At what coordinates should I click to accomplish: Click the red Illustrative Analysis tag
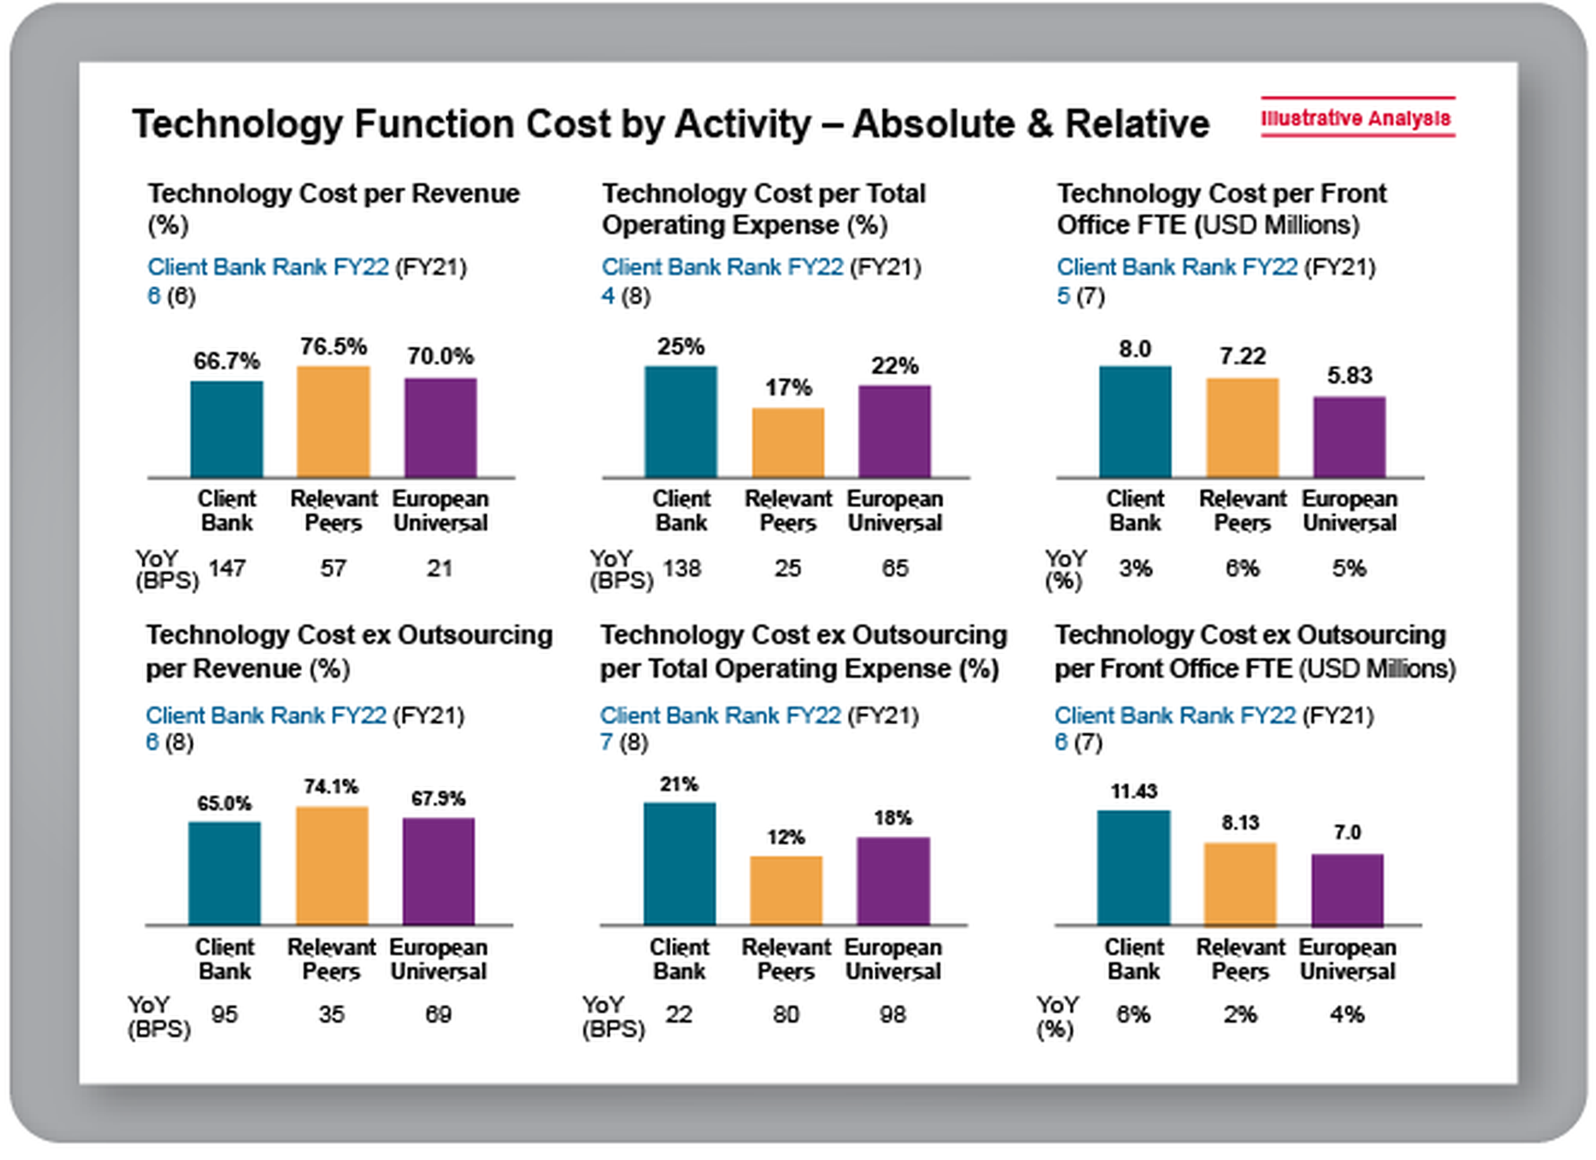pyautogui.click(x=1357, y=117)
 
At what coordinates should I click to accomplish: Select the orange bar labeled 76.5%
pyautogui.click(x=333, y=422)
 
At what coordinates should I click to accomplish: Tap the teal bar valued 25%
pyautogui.click(x=680, y=422)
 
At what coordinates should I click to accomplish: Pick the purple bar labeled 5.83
pyautogui.click(x=1349, y=437)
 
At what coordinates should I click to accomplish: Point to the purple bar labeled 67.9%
pyautogui.click(x=439, y=871)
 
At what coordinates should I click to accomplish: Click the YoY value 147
pyautogui.click(x=227, y=568)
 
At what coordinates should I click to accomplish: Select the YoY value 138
pyautogui.click(x=681, y=568)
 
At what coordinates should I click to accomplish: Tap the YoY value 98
pyautogui.click(x=892, y=1014)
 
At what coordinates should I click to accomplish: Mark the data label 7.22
pyautogui.click(x=1243, y=356)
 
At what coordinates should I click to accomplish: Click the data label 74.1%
pyautogui.click(x=331, y=786)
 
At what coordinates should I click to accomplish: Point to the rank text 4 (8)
pyautogui.click(x=625, y=296)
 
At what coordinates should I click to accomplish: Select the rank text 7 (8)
pyautogui.click(x=623, y=742)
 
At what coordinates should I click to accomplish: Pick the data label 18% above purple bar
pyautogui.click(x=892, y=818)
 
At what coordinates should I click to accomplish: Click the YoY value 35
pyautogui.click(x=331, y=1014)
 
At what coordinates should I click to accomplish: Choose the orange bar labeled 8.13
pyautogui.click(x=1240, y=883)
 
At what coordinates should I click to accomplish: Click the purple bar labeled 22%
pyautogui.click(x=895, y=431)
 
